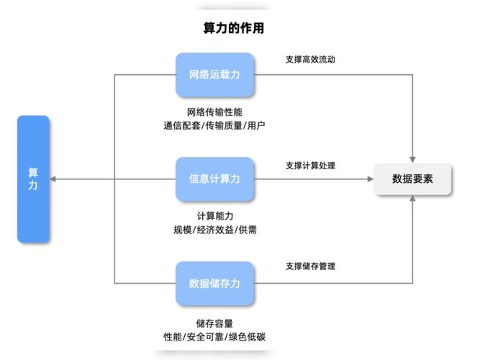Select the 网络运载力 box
(214, 74)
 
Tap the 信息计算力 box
(214, 179)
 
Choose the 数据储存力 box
(214, 283)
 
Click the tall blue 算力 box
(33, 179)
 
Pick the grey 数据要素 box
(412, 179)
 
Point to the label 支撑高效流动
(310, 60)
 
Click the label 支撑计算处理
(310, 166)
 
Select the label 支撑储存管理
(310, 266)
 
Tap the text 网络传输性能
(214, 112)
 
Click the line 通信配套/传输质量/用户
(214, 126)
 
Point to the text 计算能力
(214, 216)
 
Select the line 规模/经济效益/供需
(214, 230)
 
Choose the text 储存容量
(214, 323)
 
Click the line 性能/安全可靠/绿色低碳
(214, 337)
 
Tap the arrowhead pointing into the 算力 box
(54, 179)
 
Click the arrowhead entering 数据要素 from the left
(369, 179)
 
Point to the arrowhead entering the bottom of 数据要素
(413, 199)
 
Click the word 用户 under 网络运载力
(255, 126)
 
